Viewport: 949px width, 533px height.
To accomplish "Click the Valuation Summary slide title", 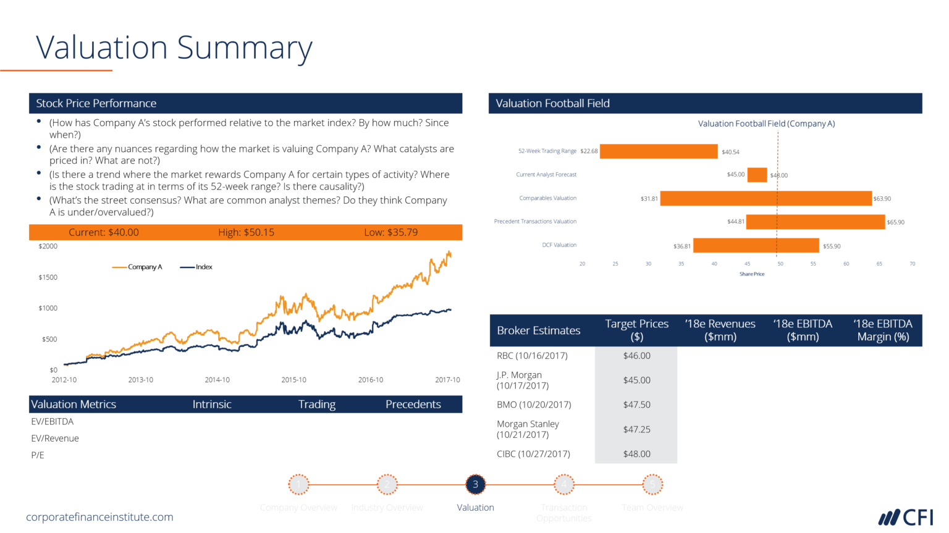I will [x=174, y=48].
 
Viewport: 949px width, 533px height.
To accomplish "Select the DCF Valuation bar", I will [x=756, y=246].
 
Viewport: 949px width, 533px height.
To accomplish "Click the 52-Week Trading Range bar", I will [x=659, y=151].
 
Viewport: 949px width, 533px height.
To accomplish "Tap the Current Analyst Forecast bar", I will [x=757, y=175].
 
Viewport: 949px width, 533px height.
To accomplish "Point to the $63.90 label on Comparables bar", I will [x=882, y=199].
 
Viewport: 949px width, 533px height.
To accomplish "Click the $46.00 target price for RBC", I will [x=636, y=356].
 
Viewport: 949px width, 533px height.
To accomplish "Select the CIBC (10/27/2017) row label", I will [x=533, y=454].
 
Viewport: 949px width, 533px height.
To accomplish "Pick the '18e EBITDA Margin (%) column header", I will [x=882, y=330].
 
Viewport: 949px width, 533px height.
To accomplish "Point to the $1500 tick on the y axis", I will [x=48, y=277].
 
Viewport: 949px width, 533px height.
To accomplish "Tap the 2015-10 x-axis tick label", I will [x=293, y=380].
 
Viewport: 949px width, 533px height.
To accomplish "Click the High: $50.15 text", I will [x=246, y=232].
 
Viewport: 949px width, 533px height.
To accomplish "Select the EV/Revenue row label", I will [x=55, y=439].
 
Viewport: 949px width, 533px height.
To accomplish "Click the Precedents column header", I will [x=413, y=405].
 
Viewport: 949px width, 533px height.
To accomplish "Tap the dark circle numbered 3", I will [x=475, y=484].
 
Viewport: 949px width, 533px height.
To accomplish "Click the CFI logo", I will [x=906, y=517].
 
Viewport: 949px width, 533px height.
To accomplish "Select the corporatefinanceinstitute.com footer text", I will [x=99, y=517].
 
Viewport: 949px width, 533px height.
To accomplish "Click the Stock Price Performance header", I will [x=96, y=103].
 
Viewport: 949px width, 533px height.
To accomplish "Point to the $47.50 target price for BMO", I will [x=636, y=405].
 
